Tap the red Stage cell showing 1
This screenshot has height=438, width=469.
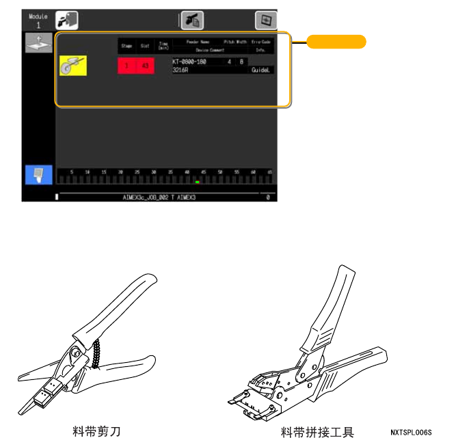coord(126,66)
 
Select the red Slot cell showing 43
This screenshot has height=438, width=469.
coord(144,66)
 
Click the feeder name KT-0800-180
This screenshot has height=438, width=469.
coord(192,61)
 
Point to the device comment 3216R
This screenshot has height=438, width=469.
coord(181,70)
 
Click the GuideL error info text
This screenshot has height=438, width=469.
coord(261,70)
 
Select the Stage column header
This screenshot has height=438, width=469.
coord(126,46)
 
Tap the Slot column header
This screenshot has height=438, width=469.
coord(144,46)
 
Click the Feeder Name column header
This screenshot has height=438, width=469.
coord(199,42)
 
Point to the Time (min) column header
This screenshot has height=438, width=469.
coord(163,46)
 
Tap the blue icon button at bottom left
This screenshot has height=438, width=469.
coord(38,175)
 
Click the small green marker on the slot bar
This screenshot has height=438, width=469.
coord(197,182)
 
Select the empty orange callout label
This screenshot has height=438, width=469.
coord(336,42)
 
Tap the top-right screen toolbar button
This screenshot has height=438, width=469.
coord(264,20)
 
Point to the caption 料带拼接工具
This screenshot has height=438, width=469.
coord(317,432)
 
